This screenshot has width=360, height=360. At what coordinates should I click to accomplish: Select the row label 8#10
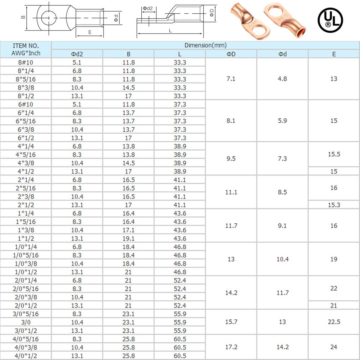coord(26,62)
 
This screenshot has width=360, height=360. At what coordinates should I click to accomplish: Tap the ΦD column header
coord(231,54)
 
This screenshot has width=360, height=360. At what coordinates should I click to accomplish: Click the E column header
coord(334,54)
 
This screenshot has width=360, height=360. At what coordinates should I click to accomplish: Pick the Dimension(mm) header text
coord(205,45)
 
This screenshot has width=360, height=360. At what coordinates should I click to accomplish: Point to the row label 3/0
coord(26,322)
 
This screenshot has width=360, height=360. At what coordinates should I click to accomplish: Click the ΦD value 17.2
coord(231,347)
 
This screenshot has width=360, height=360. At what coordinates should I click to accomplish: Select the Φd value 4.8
coord(282,79)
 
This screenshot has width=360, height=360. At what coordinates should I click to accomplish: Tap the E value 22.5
coord(334,322)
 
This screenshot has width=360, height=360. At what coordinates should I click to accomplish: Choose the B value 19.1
coord(128,238)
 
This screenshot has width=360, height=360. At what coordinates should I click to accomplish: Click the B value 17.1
coord(128,230)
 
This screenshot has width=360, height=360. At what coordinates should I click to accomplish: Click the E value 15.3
coord(334,205)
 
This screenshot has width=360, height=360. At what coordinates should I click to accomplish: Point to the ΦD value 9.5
coord(231,159)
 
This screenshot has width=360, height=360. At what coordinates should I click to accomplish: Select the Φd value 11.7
coord(282,293)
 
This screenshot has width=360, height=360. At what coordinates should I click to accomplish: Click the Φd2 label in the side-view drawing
coord(147,8)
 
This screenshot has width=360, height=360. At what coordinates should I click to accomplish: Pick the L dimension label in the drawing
coord(170,31)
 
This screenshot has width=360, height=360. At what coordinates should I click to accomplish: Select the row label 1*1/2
coord(26,238)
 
